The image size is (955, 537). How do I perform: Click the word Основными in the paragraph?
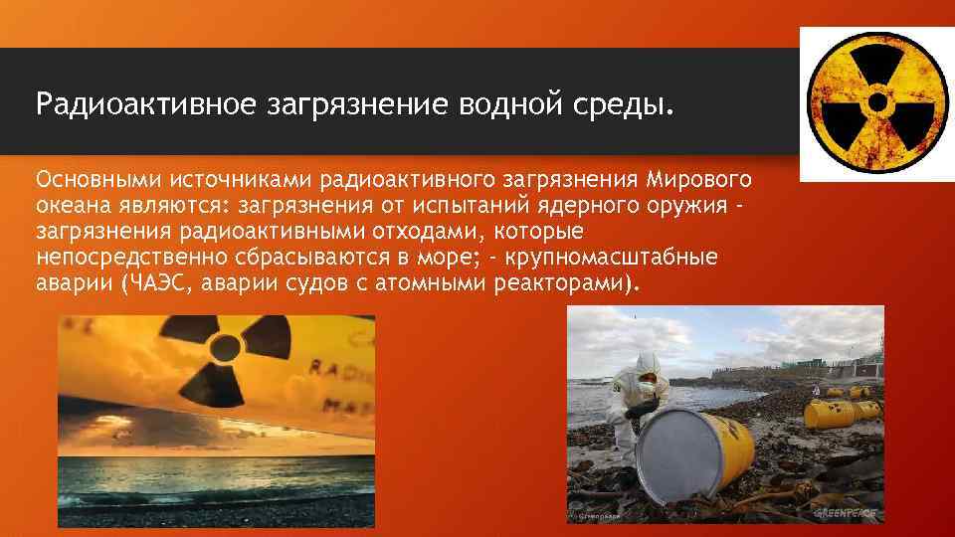click(95, 180)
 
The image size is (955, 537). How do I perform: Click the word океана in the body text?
click(69, 206)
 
